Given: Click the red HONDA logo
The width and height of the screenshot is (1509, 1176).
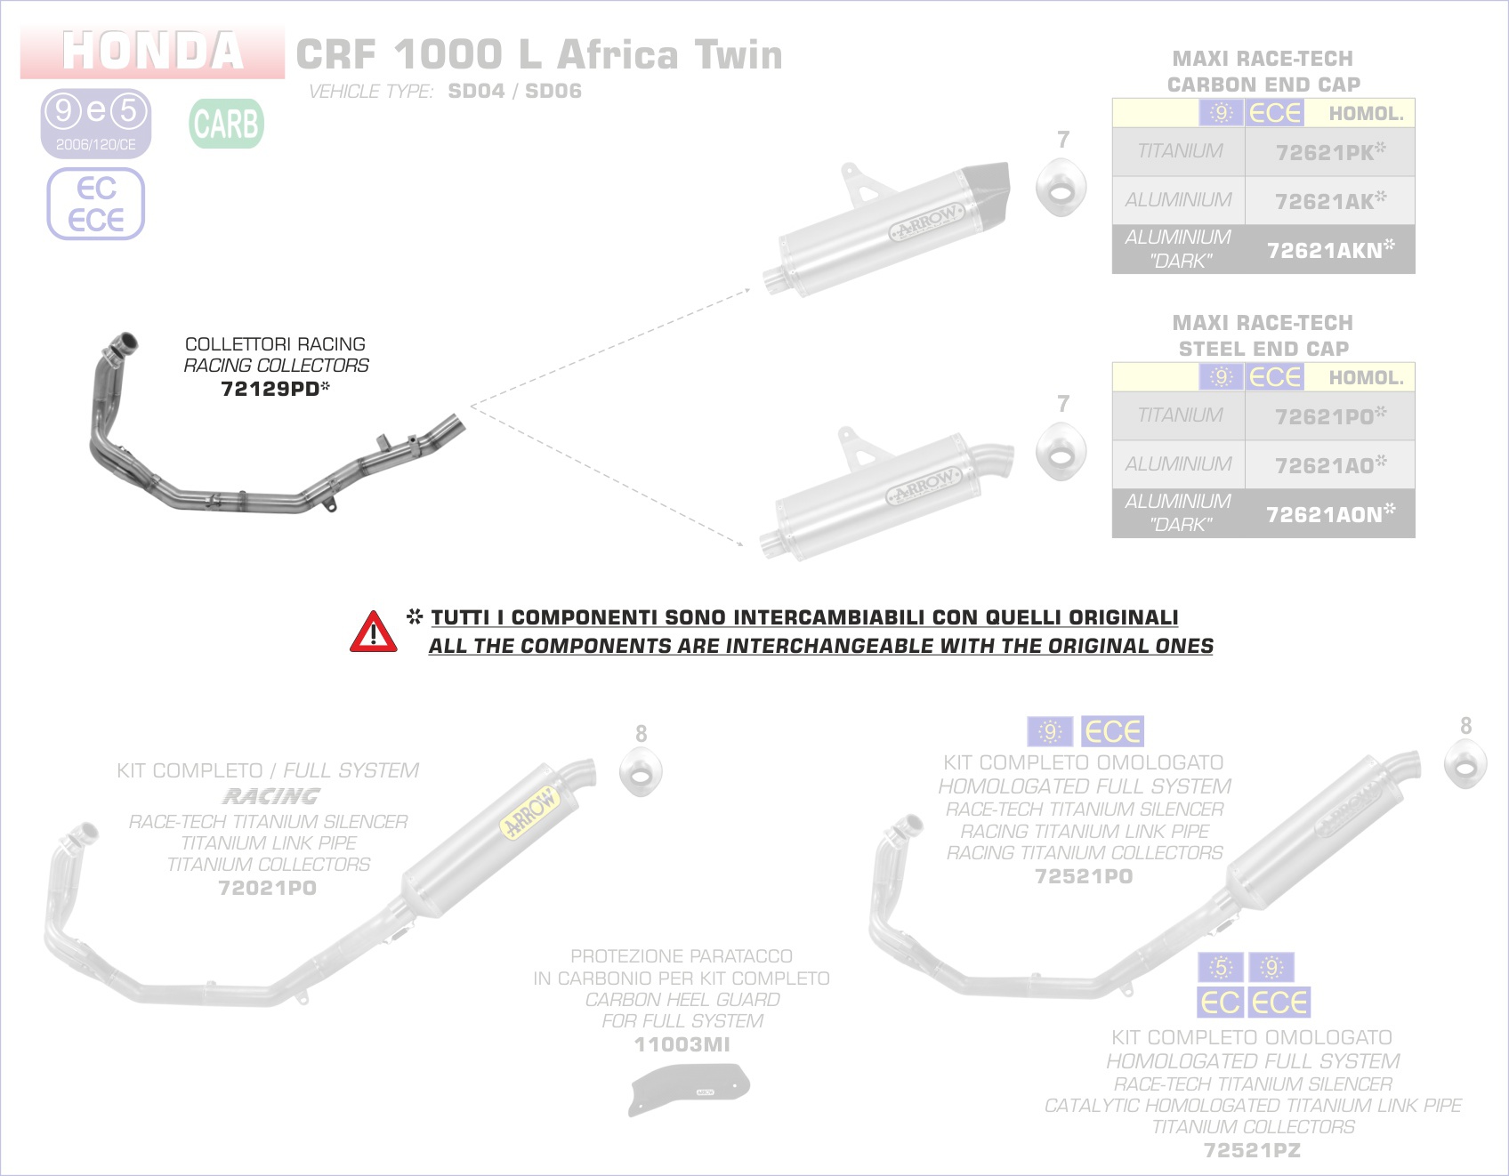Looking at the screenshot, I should (x=152, y=51).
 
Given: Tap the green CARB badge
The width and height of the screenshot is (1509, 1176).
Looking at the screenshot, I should (x=226, y=124).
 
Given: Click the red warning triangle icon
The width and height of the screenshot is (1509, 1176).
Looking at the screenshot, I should (x=374, y=632).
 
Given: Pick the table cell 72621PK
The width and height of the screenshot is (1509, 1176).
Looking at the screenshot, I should (x=1329, y=152).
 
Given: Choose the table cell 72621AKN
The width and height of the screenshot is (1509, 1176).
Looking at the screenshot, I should (x=1329, y=250).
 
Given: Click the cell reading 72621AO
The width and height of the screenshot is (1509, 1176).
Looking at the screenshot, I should (x=1329, y=465).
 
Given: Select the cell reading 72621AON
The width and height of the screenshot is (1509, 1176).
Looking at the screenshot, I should (x=1329, y=514).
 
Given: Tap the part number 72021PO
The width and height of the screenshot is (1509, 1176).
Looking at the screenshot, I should (x=267, y=888).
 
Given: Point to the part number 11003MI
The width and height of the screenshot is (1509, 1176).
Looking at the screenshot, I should (x=682, y=1044).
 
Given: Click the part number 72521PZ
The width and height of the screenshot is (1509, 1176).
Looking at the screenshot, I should (x=1252, y=1150).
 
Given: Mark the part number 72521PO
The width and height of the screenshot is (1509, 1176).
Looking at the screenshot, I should (x=1084, y=876).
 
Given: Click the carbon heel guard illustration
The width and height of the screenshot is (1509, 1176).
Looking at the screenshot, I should (x=690, y=1087).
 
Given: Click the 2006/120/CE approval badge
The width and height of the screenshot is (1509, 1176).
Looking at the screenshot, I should (x=96, y=124).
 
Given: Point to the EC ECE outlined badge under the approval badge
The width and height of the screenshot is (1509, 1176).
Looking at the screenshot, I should (x=96, y=204).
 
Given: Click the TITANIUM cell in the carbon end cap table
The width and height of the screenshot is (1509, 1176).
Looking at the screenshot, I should (x=1179, y=151).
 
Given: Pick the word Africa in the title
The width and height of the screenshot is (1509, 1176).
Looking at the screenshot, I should (x=617, y=55).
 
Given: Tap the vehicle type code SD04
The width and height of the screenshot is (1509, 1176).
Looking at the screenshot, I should (x=476, y=91).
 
